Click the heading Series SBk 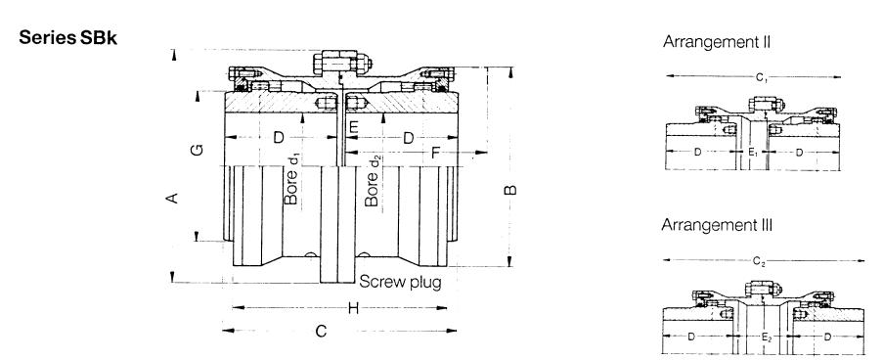coord(68,38)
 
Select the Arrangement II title coord(717,42)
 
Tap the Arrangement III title coord(717,225)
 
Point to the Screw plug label coord(400,281)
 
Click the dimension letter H coord(353,308)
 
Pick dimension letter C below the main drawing coord(321,331)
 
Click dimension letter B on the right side coord(510,190)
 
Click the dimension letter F coord(435,152)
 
